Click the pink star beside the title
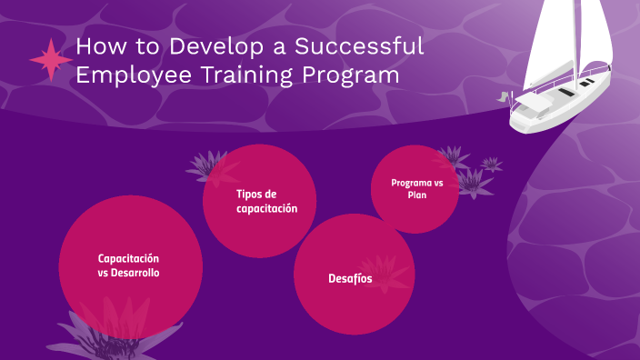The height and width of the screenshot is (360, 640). [x=50, y=60]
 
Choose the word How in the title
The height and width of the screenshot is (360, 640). [x=96, y=46]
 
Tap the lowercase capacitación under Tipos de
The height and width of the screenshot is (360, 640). [x=261, y=208]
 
